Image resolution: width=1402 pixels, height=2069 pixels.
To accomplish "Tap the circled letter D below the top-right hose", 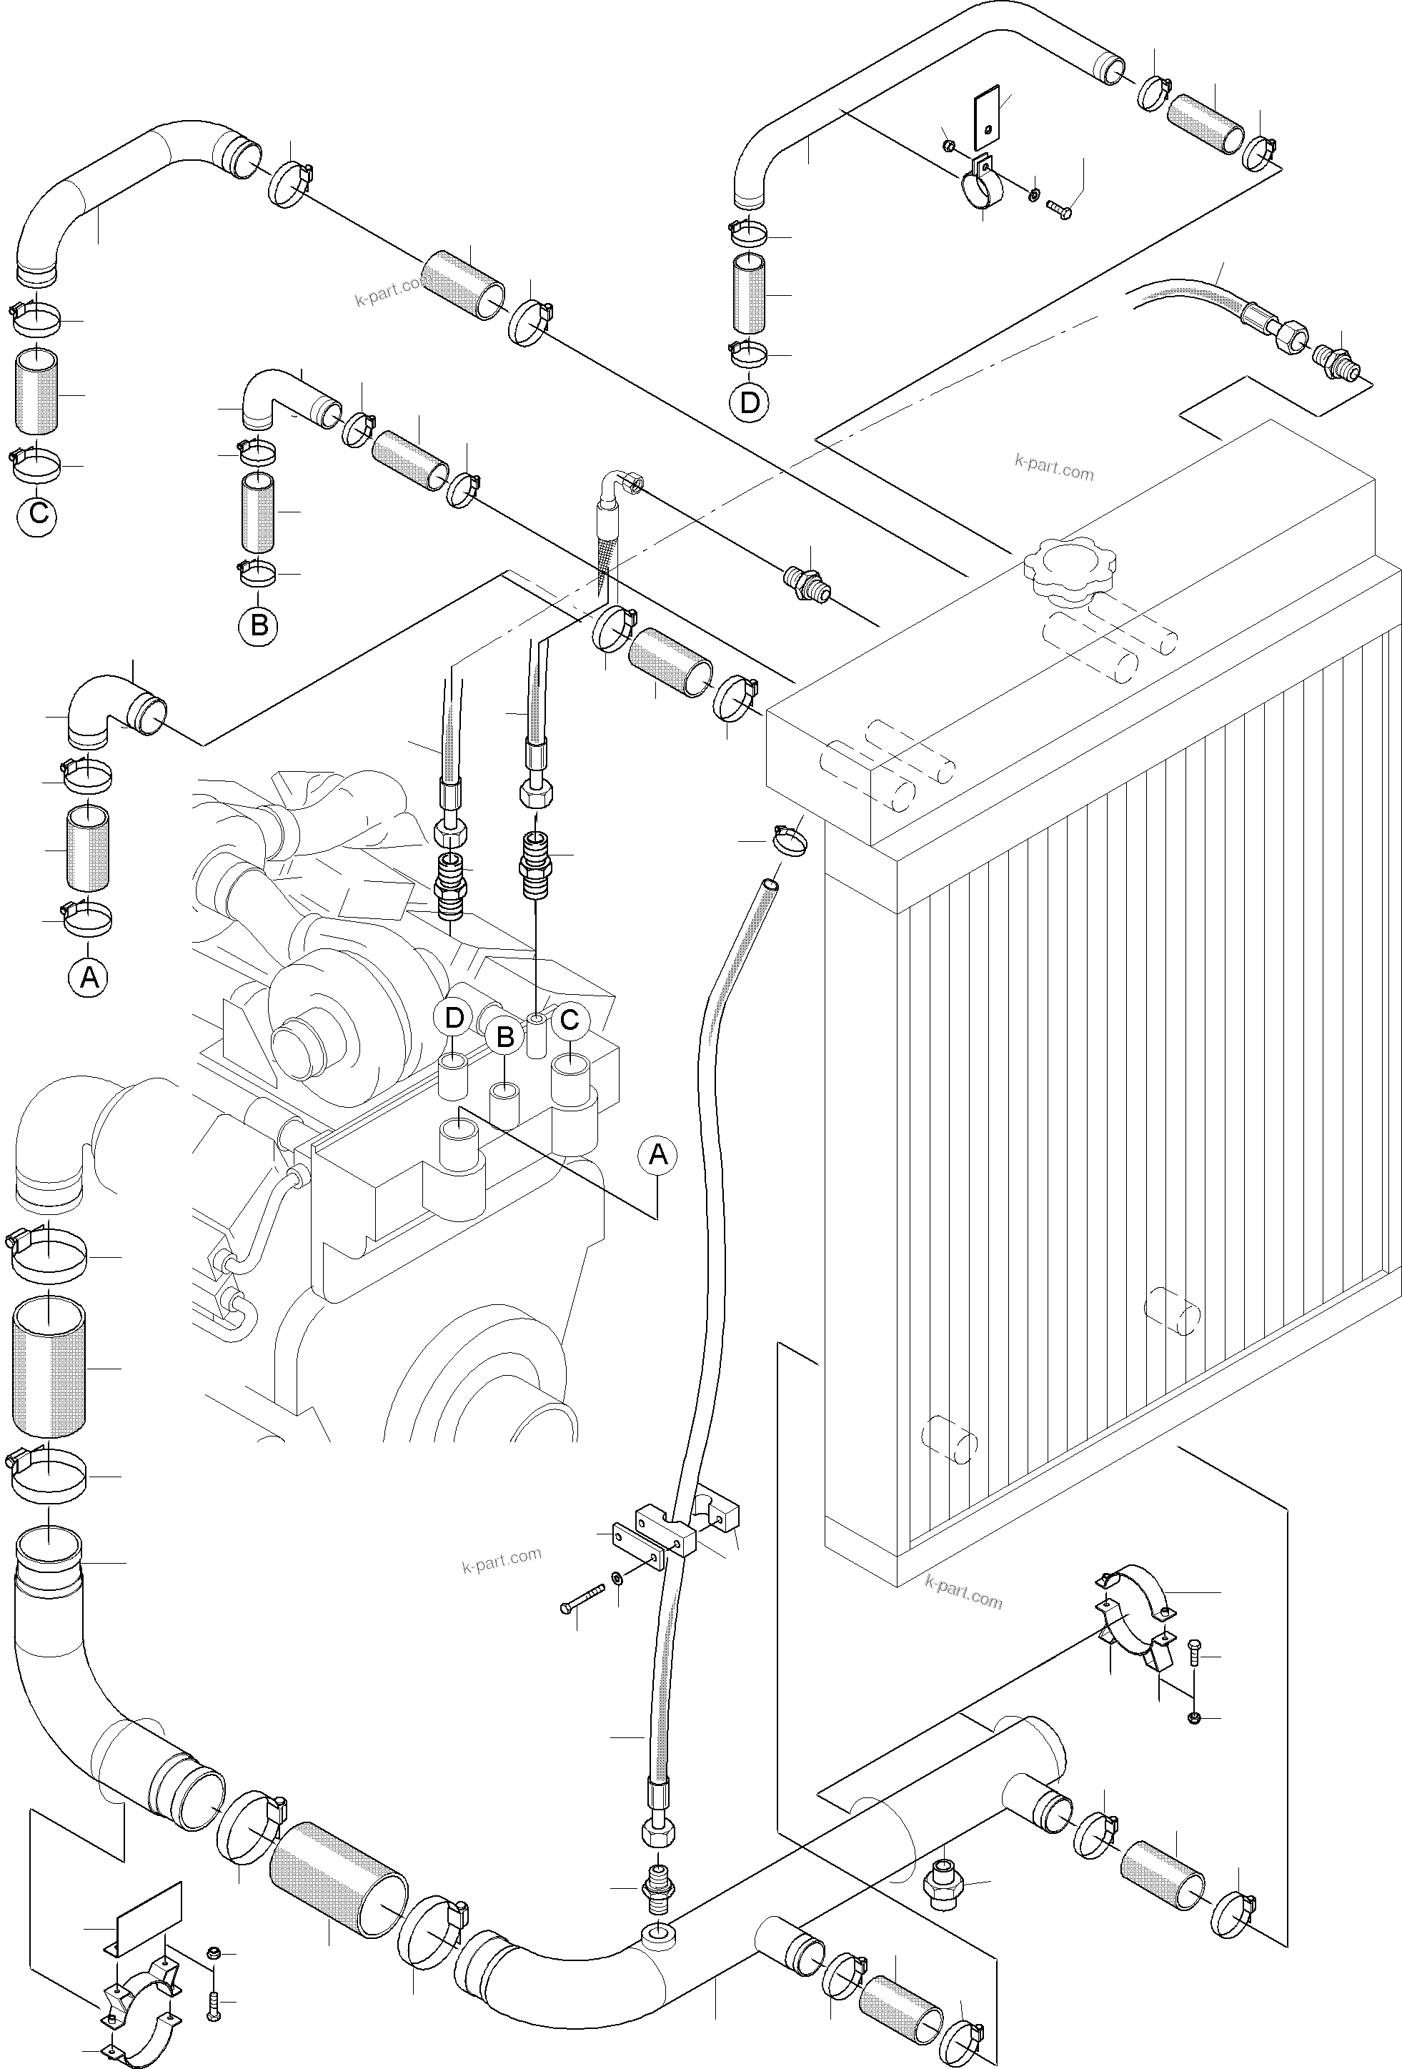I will pyautogui.click(x=750, y=402).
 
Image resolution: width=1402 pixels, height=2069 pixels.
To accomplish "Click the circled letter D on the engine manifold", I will pyautogui.click(x=454, y=1018).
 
